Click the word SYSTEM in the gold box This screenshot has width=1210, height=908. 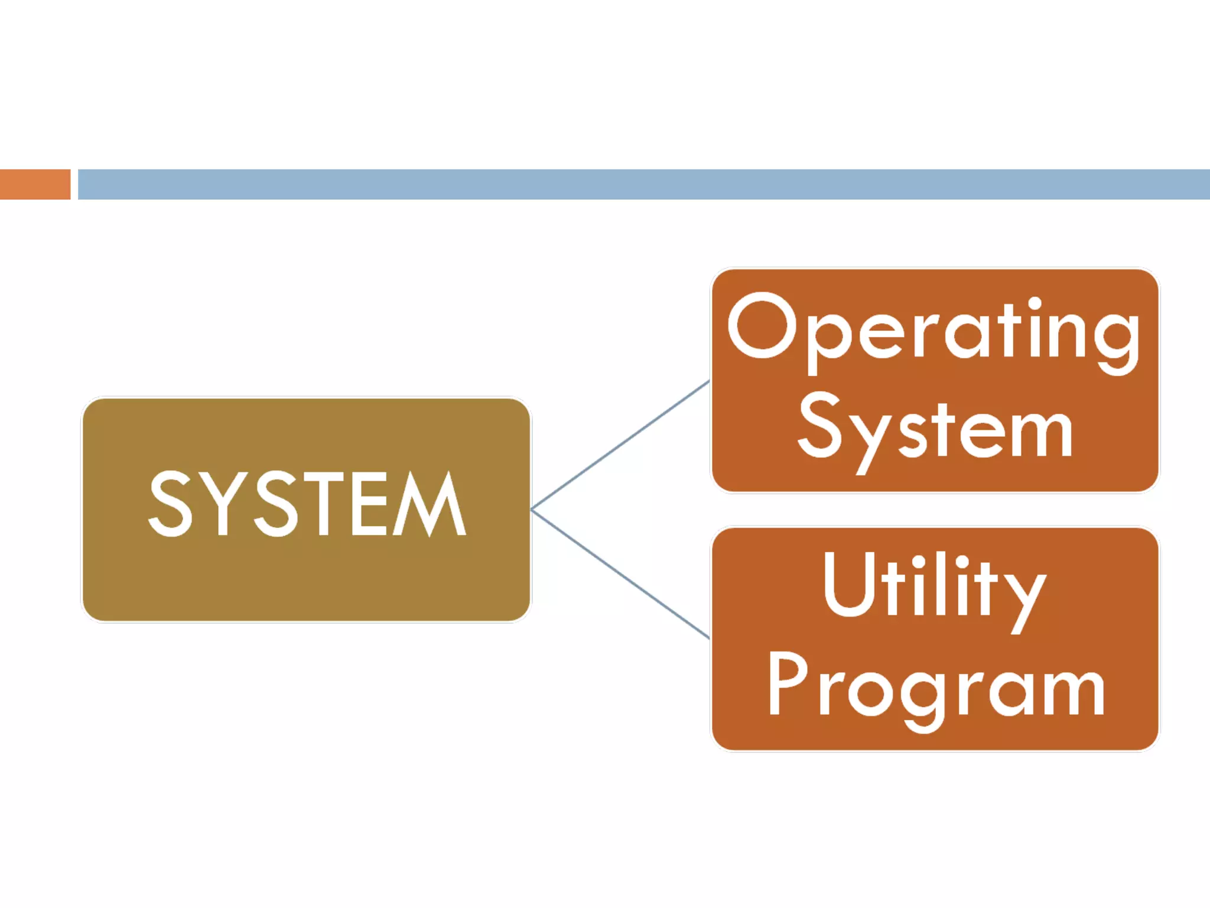coord(307,504)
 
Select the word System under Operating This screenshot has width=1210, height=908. coord(935,429)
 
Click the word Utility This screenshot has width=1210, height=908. coord(933,585)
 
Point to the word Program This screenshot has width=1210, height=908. coord(936,686)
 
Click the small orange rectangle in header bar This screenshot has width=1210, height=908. coord(35,184)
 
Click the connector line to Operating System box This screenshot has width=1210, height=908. coord(620,445)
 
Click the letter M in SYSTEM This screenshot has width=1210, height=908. coord(430,504)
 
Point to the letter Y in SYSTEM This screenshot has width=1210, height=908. coord(223,504)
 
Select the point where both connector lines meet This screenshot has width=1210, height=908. coord(532,509)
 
